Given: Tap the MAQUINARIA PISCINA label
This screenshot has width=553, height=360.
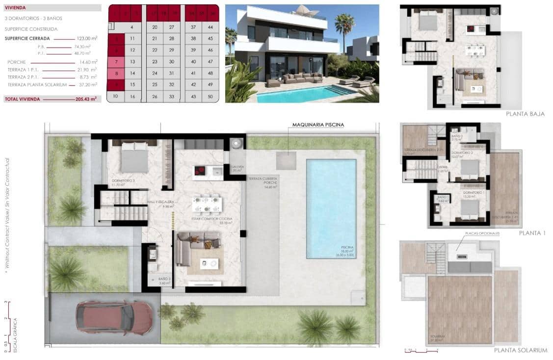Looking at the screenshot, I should (x=318, y=125).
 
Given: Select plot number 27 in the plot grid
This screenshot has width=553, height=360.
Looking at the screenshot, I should (x=171, y=27).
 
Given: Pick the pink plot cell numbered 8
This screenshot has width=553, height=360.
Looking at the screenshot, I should (x=116, y=73).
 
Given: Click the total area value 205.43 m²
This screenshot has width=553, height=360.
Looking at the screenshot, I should (x=86, y=99).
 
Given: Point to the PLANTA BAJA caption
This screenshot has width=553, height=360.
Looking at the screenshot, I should (x=525, y=114).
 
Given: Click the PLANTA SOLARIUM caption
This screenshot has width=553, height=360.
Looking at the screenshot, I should (x=520, y=350).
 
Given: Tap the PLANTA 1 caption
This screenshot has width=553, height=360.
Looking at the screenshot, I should (x=532, y=233).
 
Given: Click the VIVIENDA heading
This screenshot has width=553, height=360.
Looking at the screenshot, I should (x=15, y=8).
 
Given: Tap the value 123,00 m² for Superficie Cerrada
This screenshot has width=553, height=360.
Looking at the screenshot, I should (x=86, y=38).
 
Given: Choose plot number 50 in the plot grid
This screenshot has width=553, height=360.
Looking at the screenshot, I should (x=211, y=97).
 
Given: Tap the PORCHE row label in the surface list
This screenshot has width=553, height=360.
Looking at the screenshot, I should (x=17, y=62).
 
